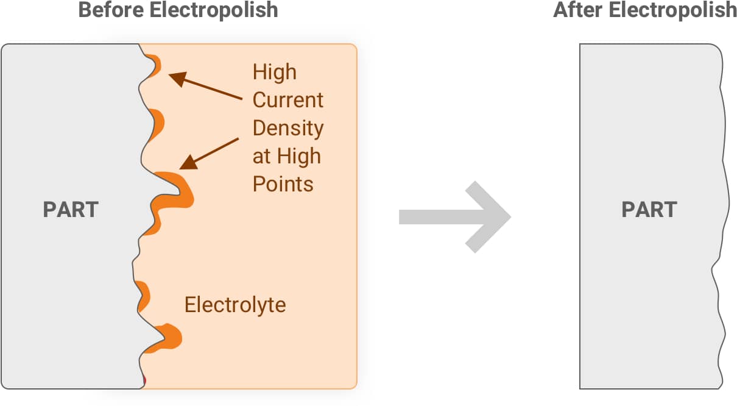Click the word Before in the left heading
109,10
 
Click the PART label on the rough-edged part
71,210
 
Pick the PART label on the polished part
649,210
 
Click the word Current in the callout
288,100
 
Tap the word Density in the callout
288,128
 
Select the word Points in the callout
283,184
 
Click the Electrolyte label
235,304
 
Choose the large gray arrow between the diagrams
454,216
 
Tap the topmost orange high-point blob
155,65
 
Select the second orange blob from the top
157,123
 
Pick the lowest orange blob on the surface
169,338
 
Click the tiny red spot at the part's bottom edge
144,382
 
